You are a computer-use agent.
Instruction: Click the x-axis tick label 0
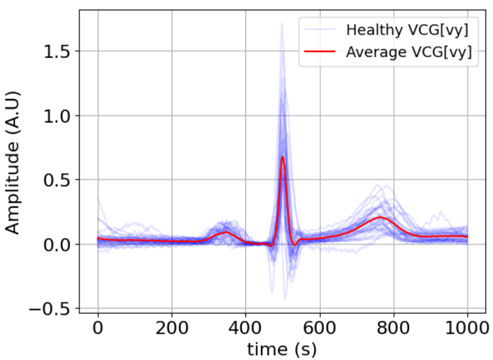pos(98,329)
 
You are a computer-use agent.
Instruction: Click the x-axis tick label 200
pos(172,329)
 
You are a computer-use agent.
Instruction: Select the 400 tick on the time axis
pos(246,329)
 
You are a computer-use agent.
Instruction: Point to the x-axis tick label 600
pos(320,329)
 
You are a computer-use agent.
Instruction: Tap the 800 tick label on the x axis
pos(394,329)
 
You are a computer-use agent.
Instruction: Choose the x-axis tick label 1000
pos(467,329)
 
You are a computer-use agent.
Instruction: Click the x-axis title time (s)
pos(282,348)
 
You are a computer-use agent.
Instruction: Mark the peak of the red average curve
pos(283,157)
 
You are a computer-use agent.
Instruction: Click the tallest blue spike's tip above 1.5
pos(282,23)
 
